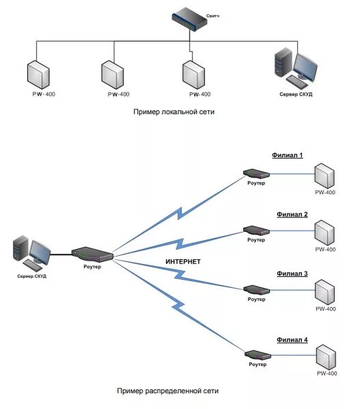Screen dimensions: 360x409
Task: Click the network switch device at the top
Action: tap(189, 19)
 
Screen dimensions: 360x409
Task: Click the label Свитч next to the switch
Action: tap(212, 16)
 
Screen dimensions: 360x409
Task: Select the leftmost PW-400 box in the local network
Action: tap(38, 75)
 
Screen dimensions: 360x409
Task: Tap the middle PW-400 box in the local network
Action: tap(113, 75)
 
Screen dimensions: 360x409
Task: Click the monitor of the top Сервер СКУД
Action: tap(305, 67)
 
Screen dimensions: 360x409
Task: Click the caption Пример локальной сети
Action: tap(174, 112)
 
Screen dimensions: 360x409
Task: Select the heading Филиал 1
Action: tap(288, 155)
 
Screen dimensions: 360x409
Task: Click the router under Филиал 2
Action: tap(256, 230)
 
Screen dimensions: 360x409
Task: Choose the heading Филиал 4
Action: tap(292, 340)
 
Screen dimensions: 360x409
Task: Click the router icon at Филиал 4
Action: tap(258, 355)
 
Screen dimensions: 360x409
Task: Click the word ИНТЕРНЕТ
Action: tap(183, 262)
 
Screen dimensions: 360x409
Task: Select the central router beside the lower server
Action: tap(92, 254)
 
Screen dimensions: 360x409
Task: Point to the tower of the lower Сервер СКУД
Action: tap(20, 248)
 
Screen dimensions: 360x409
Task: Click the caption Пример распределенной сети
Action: tap(168, 391)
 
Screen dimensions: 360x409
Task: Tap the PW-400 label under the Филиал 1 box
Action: tap(325, 192)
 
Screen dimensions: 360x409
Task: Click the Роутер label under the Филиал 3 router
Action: tap(256, 299)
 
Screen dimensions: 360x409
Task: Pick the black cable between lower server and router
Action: tap(61, 254)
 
